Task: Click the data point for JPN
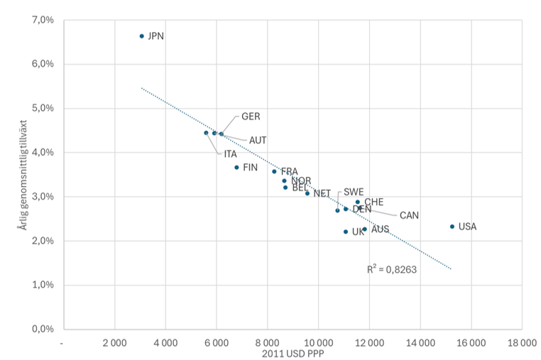(141, 36)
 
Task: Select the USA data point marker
(452, 227)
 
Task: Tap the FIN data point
(236, 168)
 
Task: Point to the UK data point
(346, 231)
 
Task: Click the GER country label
(251, 116)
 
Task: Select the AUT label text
(258, 141)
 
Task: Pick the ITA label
(230, 154)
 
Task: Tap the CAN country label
(409, 215)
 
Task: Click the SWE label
(354, 192)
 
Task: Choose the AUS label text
(381, 229)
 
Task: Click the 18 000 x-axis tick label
(521, 343)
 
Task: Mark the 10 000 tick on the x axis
(317, 343)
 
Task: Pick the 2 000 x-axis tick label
(115, 343)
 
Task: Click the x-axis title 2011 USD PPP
(292, 354)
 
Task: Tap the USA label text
(468, 227)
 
